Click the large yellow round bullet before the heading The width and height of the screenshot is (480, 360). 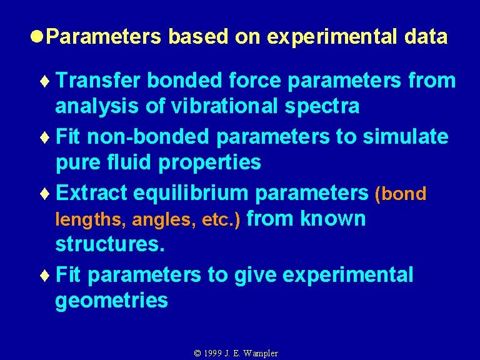pyautogui.click(x=37, y=36)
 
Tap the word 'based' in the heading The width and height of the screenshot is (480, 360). pyautogui.click(x=198, y=36)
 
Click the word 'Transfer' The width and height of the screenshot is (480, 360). pyautogui.click(x=98, y=80)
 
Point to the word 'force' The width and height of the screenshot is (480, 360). pyautogui.click(x=255, y=80)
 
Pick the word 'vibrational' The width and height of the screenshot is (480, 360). pyautogui.click(x=224, y=106)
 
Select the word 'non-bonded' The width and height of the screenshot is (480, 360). pyautogui.click(x=148, y=136)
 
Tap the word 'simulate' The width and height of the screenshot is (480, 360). pyautogui.click(x=406, y=136)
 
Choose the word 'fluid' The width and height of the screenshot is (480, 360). pyautogui.click(x=129, y=162)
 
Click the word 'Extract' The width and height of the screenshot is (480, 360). pyautogui.click(x=91, y=193)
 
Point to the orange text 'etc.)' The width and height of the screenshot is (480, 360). pyautogui.click(x=221, y=219)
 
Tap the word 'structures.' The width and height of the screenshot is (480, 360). pyautogui.click(x=110, y=244)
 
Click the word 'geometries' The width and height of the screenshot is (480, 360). pyautogui.click(x=111, y=301)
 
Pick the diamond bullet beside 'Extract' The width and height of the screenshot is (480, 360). pyautogui.click(x=45, y=194)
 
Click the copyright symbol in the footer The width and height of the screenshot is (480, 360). pyautogui.click(x=197, y=353)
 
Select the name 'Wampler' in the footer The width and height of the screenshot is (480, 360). pyautogui.click(x=261, y=354)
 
